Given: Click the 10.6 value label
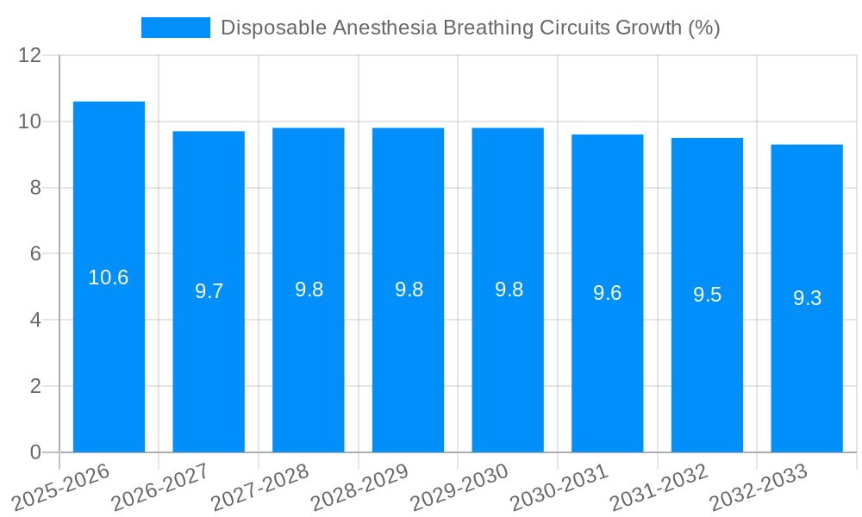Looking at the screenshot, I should click(x=109, y=277).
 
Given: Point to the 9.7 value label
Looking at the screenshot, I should click(x=209, y=291).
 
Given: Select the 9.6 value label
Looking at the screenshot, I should click(x=608, y=293).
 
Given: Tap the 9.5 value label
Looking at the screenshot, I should click(x=708, y=295).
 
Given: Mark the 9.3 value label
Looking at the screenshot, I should click(x=807, y=298).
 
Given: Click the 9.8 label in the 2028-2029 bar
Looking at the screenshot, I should click(x=409, y=290).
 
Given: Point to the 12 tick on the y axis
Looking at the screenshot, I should click(x=30, y=56).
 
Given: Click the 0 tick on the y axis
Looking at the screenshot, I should click(x=35, y=452).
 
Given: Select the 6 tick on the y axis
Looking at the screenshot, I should click(x=35, y=254).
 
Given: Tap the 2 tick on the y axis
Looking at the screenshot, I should click(x=35, y=387).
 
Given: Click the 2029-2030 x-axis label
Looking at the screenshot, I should click(x=459, y=488).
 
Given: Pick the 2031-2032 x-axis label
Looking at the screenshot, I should click(x=659, y=488).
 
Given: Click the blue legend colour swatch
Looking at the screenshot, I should click(x=176, y=28).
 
